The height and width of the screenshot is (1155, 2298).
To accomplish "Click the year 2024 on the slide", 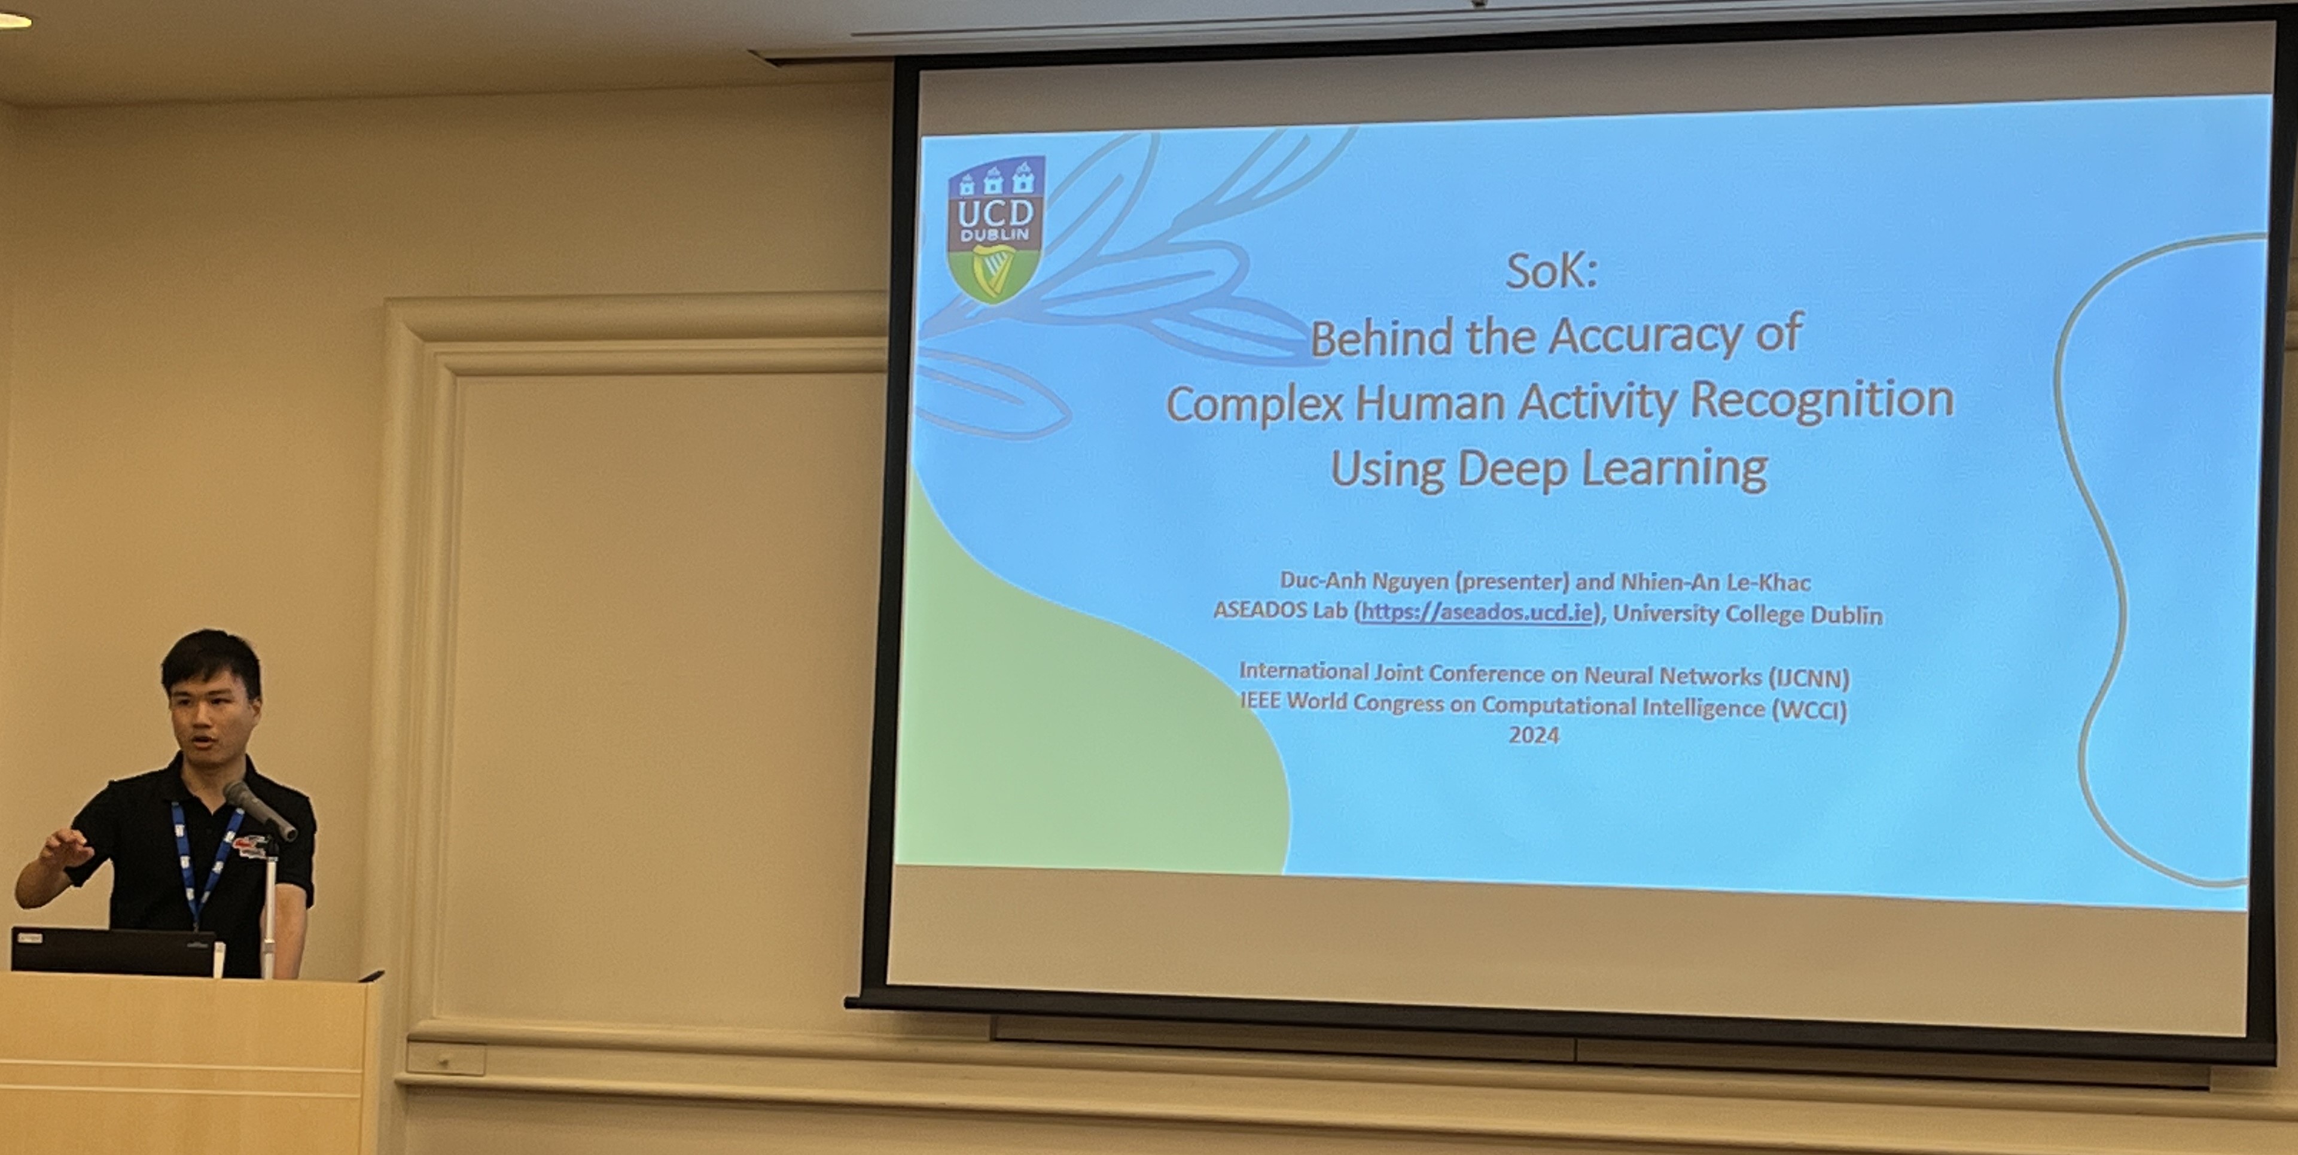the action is point(1534,736).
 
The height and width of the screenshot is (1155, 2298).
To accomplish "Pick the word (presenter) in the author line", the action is point(1512,581).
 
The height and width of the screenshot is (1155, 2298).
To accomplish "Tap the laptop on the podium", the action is point(113,952).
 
